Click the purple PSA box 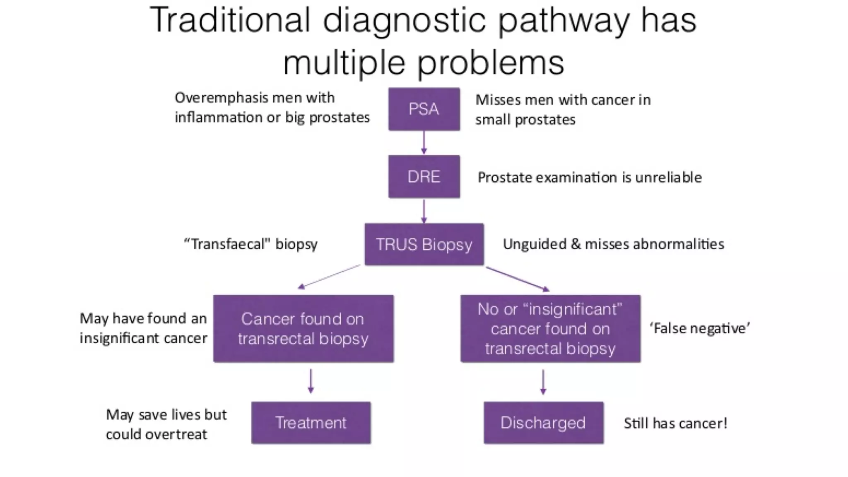point(424,109)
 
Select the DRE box point(424,177)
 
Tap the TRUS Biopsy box point(424,244)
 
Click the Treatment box point(311,423)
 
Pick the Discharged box point(543,423)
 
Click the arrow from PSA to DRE point(424,143)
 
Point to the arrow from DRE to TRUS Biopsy point(424,211)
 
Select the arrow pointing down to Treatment point(311,381)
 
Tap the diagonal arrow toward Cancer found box point(329,277)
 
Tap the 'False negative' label point(700,328)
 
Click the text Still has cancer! point(675,423)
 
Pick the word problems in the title point(491,63)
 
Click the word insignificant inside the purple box point(573,309)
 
